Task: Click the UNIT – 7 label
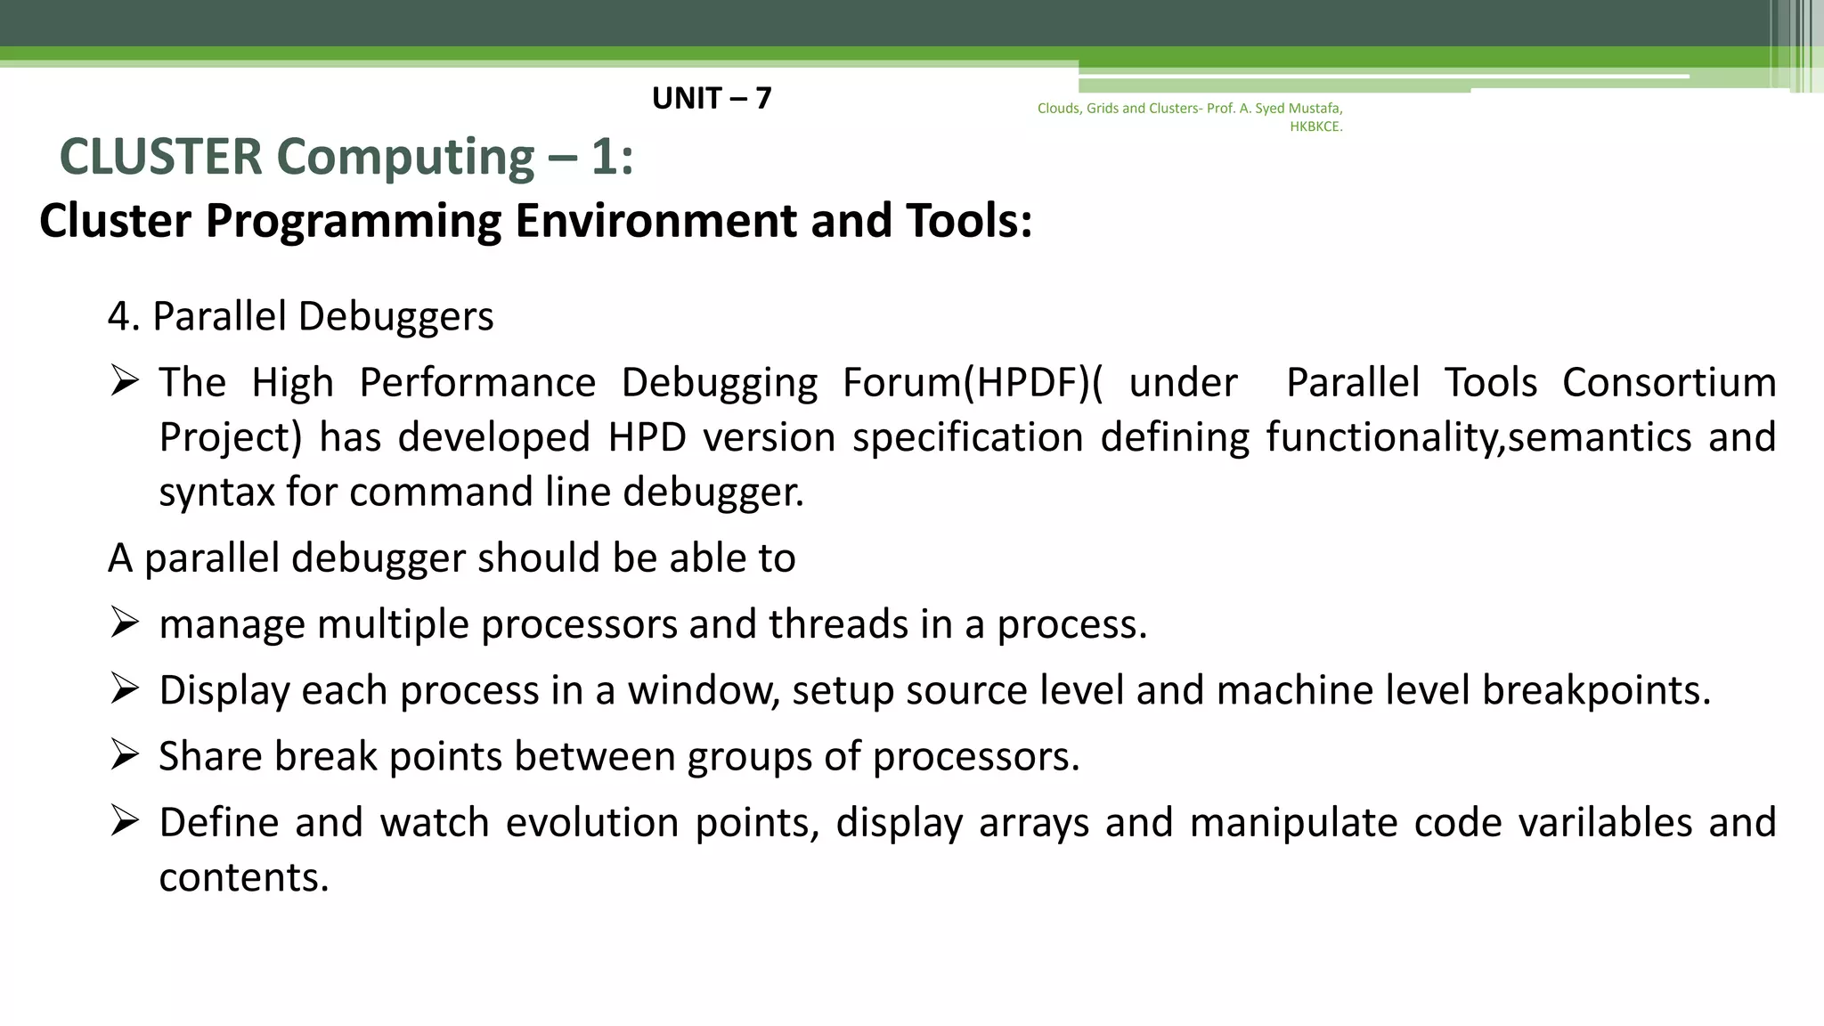[711, 98]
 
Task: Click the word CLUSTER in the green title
[161, 157]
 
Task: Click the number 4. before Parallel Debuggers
[124, 316]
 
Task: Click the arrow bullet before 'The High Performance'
[125, 382]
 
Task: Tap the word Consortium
[1669, 383]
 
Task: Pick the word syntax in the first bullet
[216, 493]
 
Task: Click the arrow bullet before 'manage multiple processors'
[125, 623]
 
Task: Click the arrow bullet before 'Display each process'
[125, 688]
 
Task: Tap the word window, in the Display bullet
[704, 690]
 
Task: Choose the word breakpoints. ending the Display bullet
[1596, 690]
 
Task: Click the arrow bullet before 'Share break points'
[125, 754]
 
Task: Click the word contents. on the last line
[244, 877]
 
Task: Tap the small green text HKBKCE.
[1315, 126]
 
